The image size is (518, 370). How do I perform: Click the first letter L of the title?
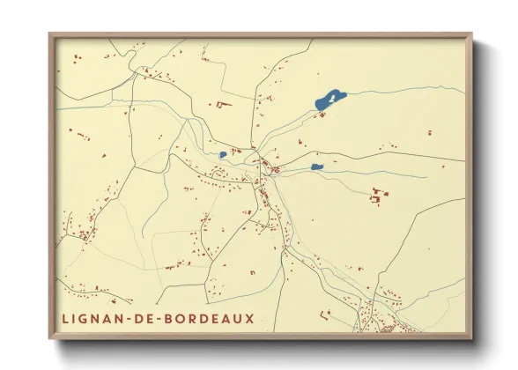pos(66,318)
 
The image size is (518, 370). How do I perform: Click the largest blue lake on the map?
pos(329,100)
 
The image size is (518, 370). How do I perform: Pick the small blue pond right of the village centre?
pos(316,166)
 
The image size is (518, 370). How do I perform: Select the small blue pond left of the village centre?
pos(223,155)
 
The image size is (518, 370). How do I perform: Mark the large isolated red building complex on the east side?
pos(381,196)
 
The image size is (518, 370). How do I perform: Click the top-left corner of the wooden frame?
pos(49,34)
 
